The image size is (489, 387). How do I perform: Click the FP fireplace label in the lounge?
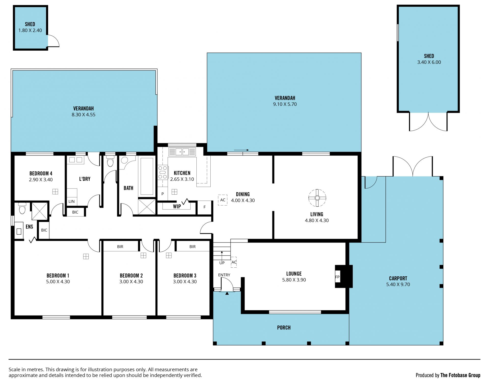[x=337, y=277]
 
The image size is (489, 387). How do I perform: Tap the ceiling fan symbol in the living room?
[x=317, y=198]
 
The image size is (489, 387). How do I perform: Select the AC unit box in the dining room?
[x=223, y=200]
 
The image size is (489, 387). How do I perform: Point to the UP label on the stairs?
[x=222, y=263]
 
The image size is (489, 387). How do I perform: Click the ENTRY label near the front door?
[x=224, y=275]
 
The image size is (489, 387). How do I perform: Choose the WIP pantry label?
[x=177, y=207]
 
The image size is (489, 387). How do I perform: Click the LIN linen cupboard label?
[x=72, y=202]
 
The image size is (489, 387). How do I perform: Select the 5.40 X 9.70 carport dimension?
[x=398, y=284]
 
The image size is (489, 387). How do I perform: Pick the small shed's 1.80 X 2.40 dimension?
[x=30, y=30]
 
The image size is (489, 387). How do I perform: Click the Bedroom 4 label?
[x=41, y=174]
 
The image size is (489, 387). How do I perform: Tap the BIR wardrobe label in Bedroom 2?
[x=120, y=247]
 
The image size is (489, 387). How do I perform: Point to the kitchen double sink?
[x=182, y=152]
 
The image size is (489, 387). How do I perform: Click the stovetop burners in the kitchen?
[x=162, y=172]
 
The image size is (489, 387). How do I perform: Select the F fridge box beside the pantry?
[x=205, y=207]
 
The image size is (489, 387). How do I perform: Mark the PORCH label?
[x=284, y=328]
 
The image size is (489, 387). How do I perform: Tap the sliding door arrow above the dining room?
[x=241, y=150]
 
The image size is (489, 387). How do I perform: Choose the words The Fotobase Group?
[x=460, y=375]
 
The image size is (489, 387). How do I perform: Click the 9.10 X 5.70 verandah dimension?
[x=285, y=104]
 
